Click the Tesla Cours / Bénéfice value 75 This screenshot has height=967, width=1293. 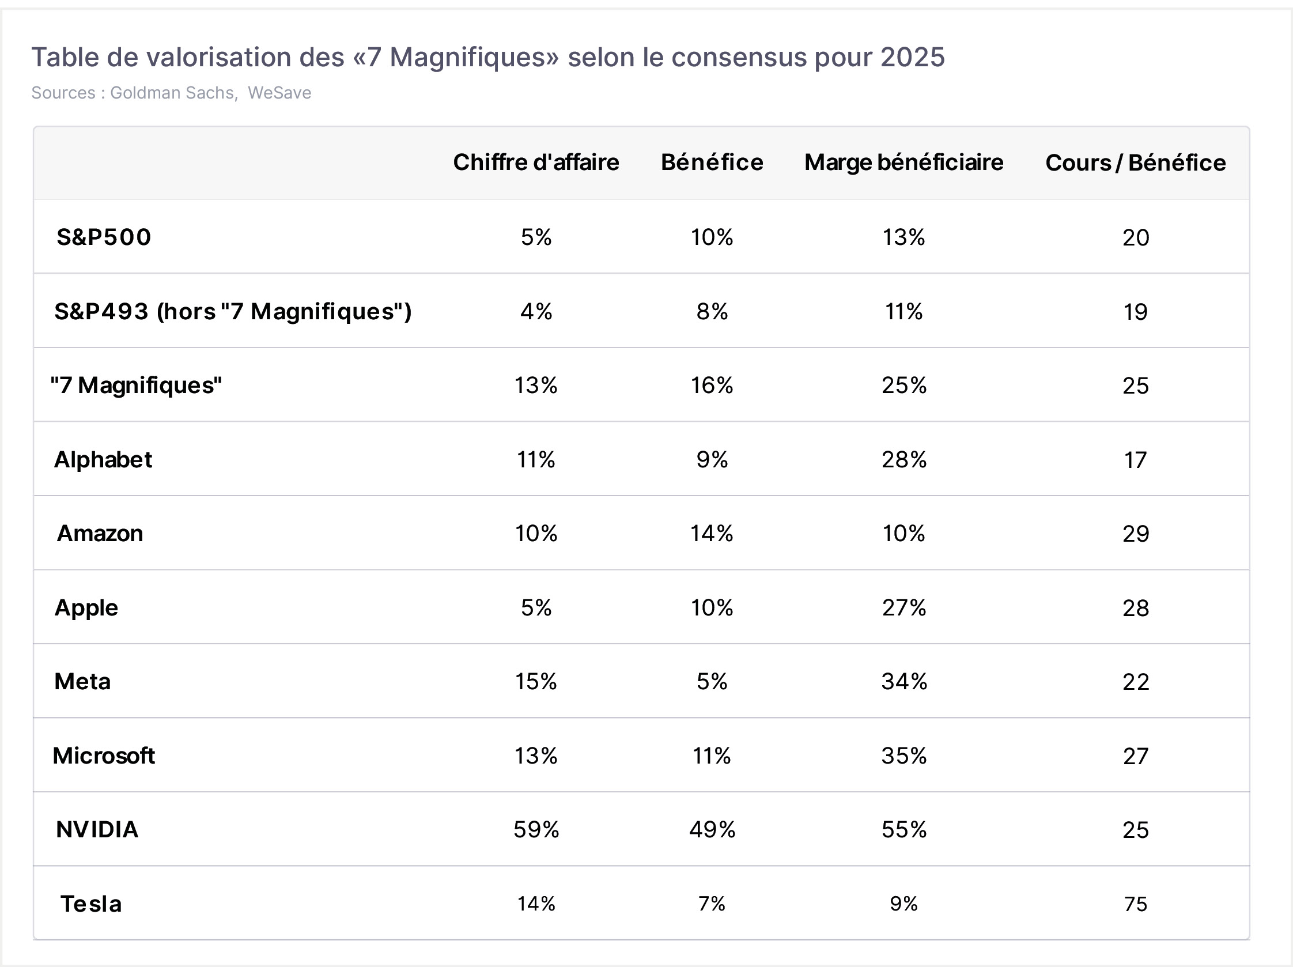1136,904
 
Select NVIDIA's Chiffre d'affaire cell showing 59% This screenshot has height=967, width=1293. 536,830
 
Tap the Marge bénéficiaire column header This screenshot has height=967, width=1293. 903,163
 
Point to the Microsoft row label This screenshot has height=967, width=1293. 104,756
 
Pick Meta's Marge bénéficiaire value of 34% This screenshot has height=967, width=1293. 904,682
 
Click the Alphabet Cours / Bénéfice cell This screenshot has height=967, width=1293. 1136,460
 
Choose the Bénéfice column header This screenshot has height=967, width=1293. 712,163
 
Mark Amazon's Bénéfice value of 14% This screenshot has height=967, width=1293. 712,533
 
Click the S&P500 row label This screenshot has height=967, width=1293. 104,237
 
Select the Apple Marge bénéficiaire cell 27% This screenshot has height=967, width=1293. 904,608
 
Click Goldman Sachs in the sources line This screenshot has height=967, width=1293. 173,93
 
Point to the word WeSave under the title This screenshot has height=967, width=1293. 279,93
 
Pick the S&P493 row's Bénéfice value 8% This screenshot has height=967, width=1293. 712,312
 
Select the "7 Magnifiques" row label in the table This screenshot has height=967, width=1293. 136,386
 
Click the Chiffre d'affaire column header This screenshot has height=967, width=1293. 536,163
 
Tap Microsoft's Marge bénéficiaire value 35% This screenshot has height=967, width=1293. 904,756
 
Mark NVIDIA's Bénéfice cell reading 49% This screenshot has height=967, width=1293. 712,830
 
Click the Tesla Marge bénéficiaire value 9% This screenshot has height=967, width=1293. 903,904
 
